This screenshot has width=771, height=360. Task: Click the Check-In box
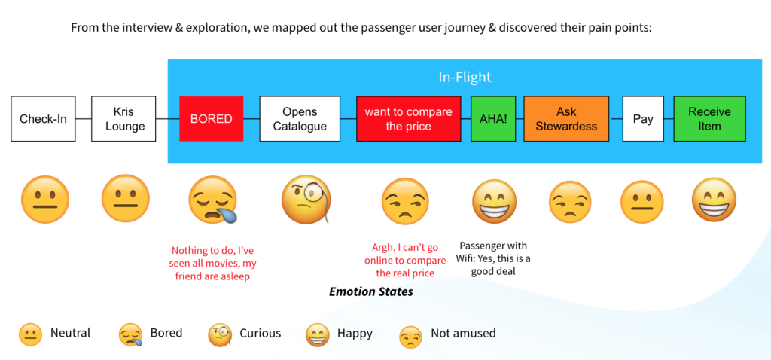pos(43,118)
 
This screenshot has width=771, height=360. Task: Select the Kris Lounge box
pos(123,118)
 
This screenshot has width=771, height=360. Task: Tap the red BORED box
pos(212,118)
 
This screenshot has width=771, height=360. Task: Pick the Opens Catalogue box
pos(300,118)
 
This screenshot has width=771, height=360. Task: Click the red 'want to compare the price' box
pos(409,118)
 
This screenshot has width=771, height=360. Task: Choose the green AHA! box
pos(493,118)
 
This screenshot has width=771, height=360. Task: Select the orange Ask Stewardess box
pos(566,118)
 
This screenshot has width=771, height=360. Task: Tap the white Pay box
pos(643,118)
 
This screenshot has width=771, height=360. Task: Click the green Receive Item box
pos(709,118)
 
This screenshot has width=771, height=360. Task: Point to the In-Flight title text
pos(465,78)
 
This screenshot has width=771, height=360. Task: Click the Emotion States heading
pos(370,291)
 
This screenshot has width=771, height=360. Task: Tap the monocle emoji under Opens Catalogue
pos(306,200)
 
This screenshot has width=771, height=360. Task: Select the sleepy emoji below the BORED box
pos(213,200)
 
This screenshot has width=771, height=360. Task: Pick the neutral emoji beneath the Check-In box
pos(44,200)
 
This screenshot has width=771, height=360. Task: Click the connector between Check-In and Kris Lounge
pos(84,118)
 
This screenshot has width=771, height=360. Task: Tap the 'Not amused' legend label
pos(463,333)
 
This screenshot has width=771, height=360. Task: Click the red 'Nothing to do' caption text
pos(212,263)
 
